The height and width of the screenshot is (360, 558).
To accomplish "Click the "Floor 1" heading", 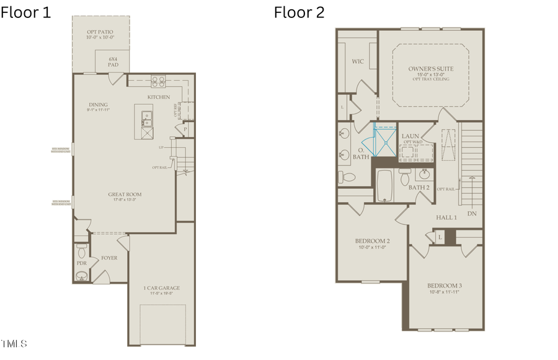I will click(x=25, y=12).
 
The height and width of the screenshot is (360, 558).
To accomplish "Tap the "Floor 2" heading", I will click(x=299, y=12).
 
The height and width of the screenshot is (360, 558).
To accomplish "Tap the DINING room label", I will click(x=98, y=105).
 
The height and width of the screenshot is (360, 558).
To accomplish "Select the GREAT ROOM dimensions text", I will click(x=125, y=200).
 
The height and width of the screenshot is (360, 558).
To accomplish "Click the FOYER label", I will click(x=109, y=258).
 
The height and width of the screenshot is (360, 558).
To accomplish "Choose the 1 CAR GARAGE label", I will click(x=162, y=288).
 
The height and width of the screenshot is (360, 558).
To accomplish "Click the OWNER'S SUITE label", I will click(x=430, y=69).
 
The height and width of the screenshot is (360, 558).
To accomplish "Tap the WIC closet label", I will click(x=357, y=61).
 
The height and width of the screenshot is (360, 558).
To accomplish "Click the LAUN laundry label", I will click(x=410, y=136).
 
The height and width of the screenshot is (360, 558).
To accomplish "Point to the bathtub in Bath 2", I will click(x=385, y=185).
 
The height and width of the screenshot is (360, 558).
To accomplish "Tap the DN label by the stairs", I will click(x=472, y=214).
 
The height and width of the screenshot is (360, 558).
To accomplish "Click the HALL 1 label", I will click(x=446, y=217).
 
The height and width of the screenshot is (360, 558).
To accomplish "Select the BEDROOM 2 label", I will click(x=372, y=241).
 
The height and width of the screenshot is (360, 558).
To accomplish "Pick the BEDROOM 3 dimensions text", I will click(x=443, y=292).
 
